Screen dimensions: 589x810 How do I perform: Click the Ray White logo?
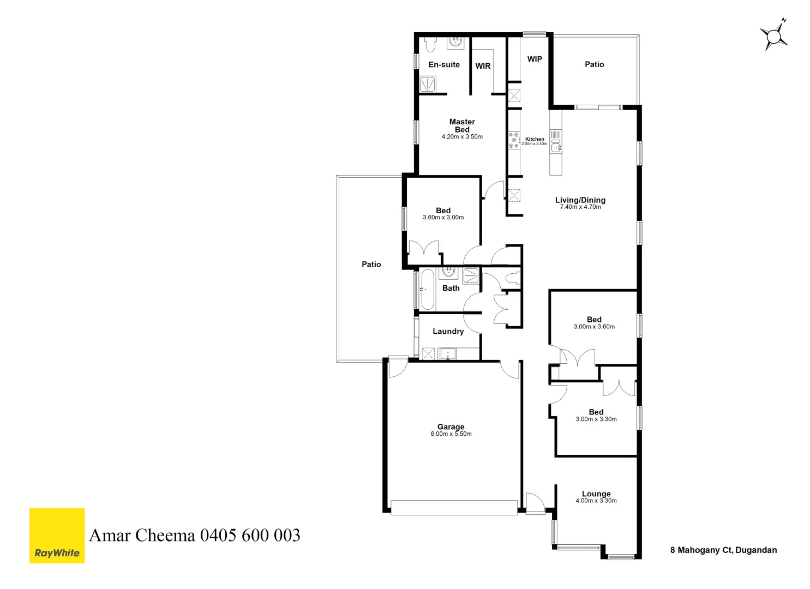pos(57,536)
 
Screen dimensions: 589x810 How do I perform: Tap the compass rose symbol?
pos(773,37)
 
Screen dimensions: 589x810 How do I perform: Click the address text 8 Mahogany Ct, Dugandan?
pos(723,550)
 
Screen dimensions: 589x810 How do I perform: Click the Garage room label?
pos(451,427)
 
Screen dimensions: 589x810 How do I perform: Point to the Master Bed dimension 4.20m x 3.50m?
pos(462,137)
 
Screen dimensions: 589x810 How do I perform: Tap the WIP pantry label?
pos(535,59)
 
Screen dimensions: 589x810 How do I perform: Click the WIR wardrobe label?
pos(483,66)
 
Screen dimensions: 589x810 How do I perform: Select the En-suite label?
pos(444,64)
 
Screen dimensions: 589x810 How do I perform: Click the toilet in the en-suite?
pos(430,44)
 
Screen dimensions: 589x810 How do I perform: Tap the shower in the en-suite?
pos(428,84)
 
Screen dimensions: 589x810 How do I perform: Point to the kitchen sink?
pos(556,147)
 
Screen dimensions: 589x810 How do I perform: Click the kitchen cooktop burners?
pos(514,140)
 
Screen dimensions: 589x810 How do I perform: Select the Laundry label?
pos(448,331)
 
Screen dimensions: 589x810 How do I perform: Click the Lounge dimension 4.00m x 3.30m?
pos(596,501)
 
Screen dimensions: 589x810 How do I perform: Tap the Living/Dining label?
pos(580,200)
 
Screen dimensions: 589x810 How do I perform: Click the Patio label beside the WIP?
pos(594,64)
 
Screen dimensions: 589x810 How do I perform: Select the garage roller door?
pos(454,508)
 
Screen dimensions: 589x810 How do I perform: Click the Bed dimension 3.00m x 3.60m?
pos(594,327)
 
